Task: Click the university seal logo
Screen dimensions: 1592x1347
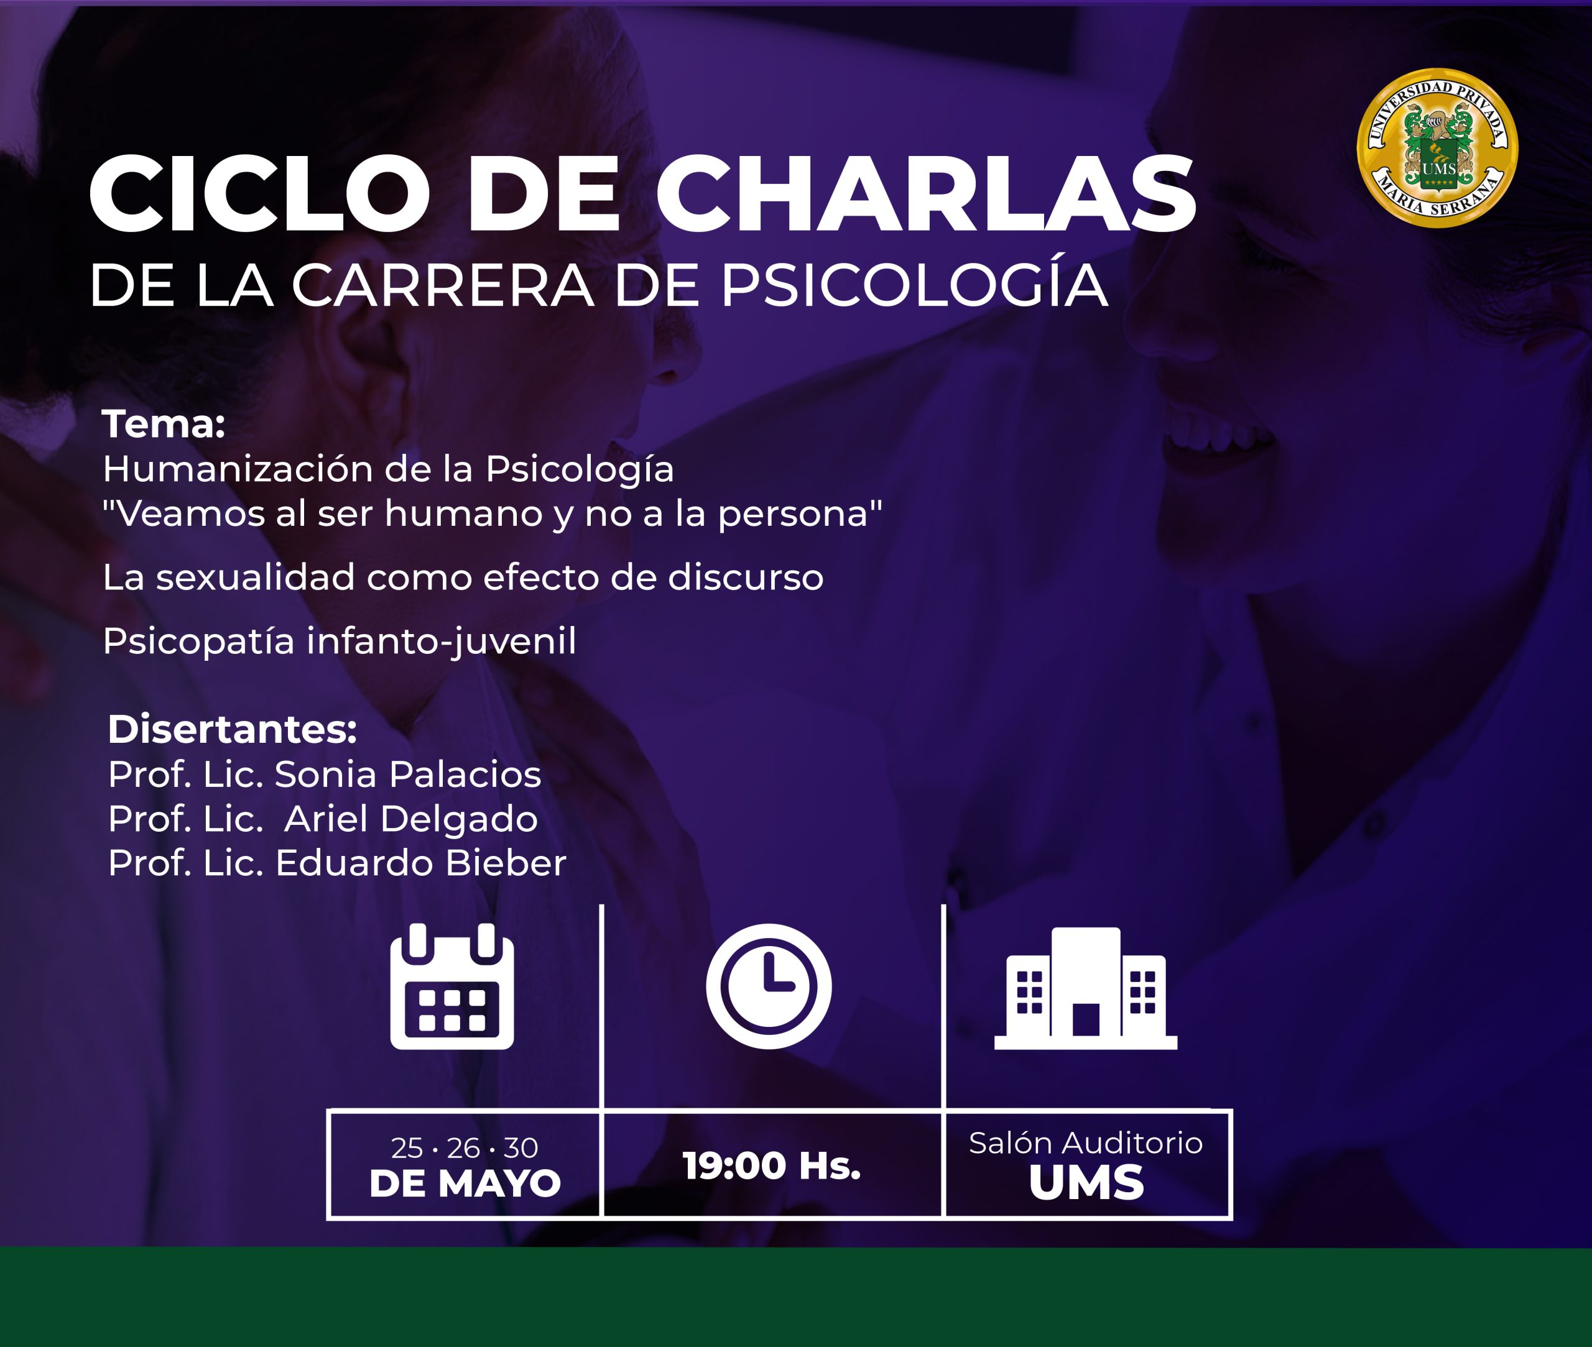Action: point(1437,148)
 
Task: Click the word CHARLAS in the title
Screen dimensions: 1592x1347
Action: point(926,194)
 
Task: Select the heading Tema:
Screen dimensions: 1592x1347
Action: point(164,424)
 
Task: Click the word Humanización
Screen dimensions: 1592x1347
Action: point(238,468)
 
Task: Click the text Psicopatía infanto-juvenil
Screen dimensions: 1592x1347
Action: point(339,641)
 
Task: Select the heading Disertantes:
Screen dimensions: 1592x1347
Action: point(232,729)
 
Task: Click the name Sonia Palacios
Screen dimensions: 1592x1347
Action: point(408,775)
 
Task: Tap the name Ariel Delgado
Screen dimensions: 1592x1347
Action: point(411,819)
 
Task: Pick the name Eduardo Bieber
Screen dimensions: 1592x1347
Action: point(421,863)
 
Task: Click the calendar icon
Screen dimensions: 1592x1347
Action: point(452,986)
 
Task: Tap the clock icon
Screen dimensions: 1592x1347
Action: point(769,986)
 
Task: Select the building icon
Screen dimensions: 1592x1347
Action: point(1086,988)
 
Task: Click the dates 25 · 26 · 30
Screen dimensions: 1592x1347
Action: point(465,1147)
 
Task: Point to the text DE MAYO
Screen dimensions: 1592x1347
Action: point(465,1184)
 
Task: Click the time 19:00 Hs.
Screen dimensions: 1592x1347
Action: point(772,1166)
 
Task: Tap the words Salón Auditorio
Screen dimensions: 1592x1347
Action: point(1086,1143)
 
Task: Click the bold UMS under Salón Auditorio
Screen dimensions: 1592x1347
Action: point(1086,1183)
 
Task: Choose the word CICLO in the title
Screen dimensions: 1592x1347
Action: point(260,194)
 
